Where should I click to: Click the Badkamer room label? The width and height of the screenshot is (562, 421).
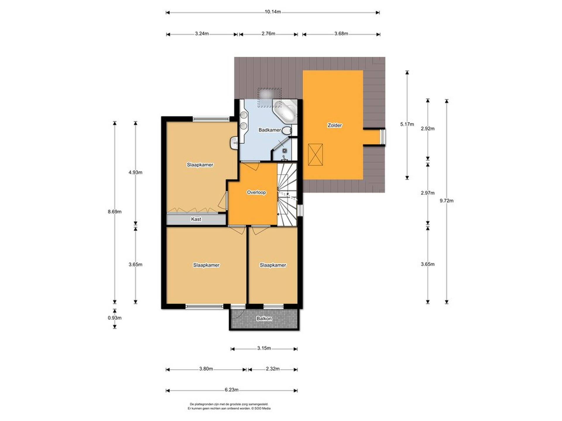pos(270,130)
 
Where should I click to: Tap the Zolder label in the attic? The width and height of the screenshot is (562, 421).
pos(335,125)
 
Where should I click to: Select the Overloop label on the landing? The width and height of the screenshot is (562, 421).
pos(256,192)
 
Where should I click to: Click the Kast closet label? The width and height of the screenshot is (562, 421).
pos(196,219)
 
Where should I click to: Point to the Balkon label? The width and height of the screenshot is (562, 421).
pos(264,318)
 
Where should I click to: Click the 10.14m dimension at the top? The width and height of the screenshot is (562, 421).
pos(273,12)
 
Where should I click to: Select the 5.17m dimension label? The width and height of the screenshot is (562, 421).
pos(407,124)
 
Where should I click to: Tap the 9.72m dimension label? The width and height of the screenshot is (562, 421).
pos(447,201)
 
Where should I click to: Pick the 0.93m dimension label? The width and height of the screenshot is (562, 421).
pos(115,318)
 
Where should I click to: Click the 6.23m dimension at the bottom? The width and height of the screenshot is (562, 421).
pos(232,390)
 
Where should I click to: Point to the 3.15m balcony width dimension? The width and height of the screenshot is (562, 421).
pos(264,348)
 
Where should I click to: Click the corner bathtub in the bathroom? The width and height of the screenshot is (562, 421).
pos(285,111)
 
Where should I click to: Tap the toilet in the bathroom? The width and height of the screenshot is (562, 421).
pos(287,130)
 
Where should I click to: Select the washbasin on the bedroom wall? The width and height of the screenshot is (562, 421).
pos(234,143)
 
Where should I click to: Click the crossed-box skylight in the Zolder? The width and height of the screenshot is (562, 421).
pos(316,155)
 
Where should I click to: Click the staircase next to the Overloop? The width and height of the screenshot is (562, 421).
pos(287,194)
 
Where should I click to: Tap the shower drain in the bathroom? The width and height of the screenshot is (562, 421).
pos(285,151)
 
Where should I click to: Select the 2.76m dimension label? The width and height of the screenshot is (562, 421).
pos(268,34)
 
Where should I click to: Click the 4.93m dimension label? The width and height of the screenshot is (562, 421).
pos(136,172)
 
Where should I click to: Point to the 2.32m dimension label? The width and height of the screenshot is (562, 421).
pos(273,369)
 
